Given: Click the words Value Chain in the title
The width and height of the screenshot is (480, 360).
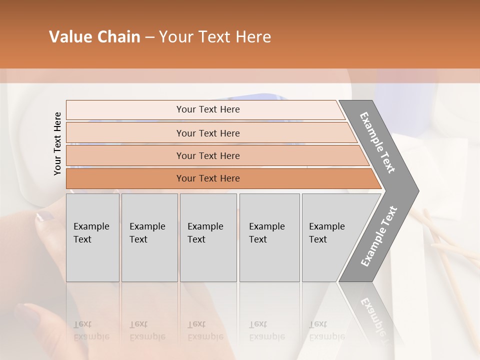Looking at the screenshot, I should click(x=94, y=37).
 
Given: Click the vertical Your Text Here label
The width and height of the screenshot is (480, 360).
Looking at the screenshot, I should click(x=57, y=143).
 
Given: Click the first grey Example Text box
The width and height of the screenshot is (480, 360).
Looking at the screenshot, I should click(x=92, y=237).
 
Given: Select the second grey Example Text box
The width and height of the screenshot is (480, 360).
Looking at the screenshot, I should click(x=149, y=237).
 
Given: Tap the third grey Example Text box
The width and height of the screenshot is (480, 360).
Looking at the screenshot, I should click(x=208, y=237).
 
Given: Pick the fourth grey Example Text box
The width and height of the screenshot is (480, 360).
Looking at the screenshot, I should click(x=269, y=237).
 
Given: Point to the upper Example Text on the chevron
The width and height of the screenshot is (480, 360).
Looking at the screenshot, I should click(x=377, y=142).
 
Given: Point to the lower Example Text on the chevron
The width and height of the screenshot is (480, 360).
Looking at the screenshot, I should click(x=378, y=236).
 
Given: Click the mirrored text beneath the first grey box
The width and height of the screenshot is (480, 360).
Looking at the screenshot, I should click(x=91, y=330).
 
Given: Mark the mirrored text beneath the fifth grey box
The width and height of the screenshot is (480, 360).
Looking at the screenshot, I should click(x=326, y=330).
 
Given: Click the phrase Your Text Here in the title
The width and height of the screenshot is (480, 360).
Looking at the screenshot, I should click(x=215, y=37).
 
